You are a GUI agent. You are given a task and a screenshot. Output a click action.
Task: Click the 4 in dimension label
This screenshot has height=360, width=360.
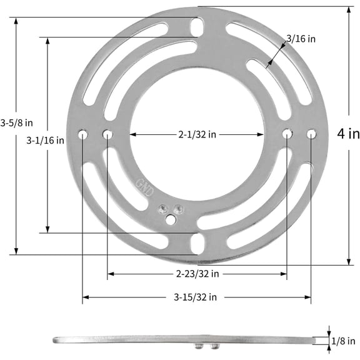point(348,133)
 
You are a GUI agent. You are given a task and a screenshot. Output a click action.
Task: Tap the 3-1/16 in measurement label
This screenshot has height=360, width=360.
point(45,141)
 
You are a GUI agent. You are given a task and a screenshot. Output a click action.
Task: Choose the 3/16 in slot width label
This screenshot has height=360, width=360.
point(301,39)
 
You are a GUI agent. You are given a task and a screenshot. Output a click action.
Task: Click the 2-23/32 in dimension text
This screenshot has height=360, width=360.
point(197,274)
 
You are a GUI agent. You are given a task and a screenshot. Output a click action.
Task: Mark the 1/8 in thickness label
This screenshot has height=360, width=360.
point(344,341)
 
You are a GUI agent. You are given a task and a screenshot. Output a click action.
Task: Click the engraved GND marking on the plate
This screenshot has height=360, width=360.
point(143,187)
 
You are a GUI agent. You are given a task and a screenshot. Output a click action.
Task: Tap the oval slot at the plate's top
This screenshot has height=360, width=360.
point(197,26)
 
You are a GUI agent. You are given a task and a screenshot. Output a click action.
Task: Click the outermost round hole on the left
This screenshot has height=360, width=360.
point(83,134)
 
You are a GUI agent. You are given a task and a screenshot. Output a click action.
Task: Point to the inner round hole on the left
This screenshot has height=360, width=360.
point(107,134)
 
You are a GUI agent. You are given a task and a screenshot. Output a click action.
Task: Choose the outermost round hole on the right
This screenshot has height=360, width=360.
point(311,133)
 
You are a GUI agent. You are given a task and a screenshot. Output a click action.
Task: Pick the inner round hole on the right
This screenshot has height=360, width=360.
point(287,133)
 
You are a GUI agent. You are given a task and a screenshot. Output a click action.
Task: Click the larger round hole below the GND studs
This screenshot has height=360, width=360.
point(171,219)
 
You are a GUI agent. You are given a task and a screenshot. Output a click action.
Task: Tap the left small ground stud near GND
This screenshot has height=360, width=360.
point(164,209)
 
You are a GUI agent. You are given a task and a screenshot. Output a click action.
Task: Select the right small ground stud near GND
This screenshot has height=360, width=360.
point(179,209)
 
